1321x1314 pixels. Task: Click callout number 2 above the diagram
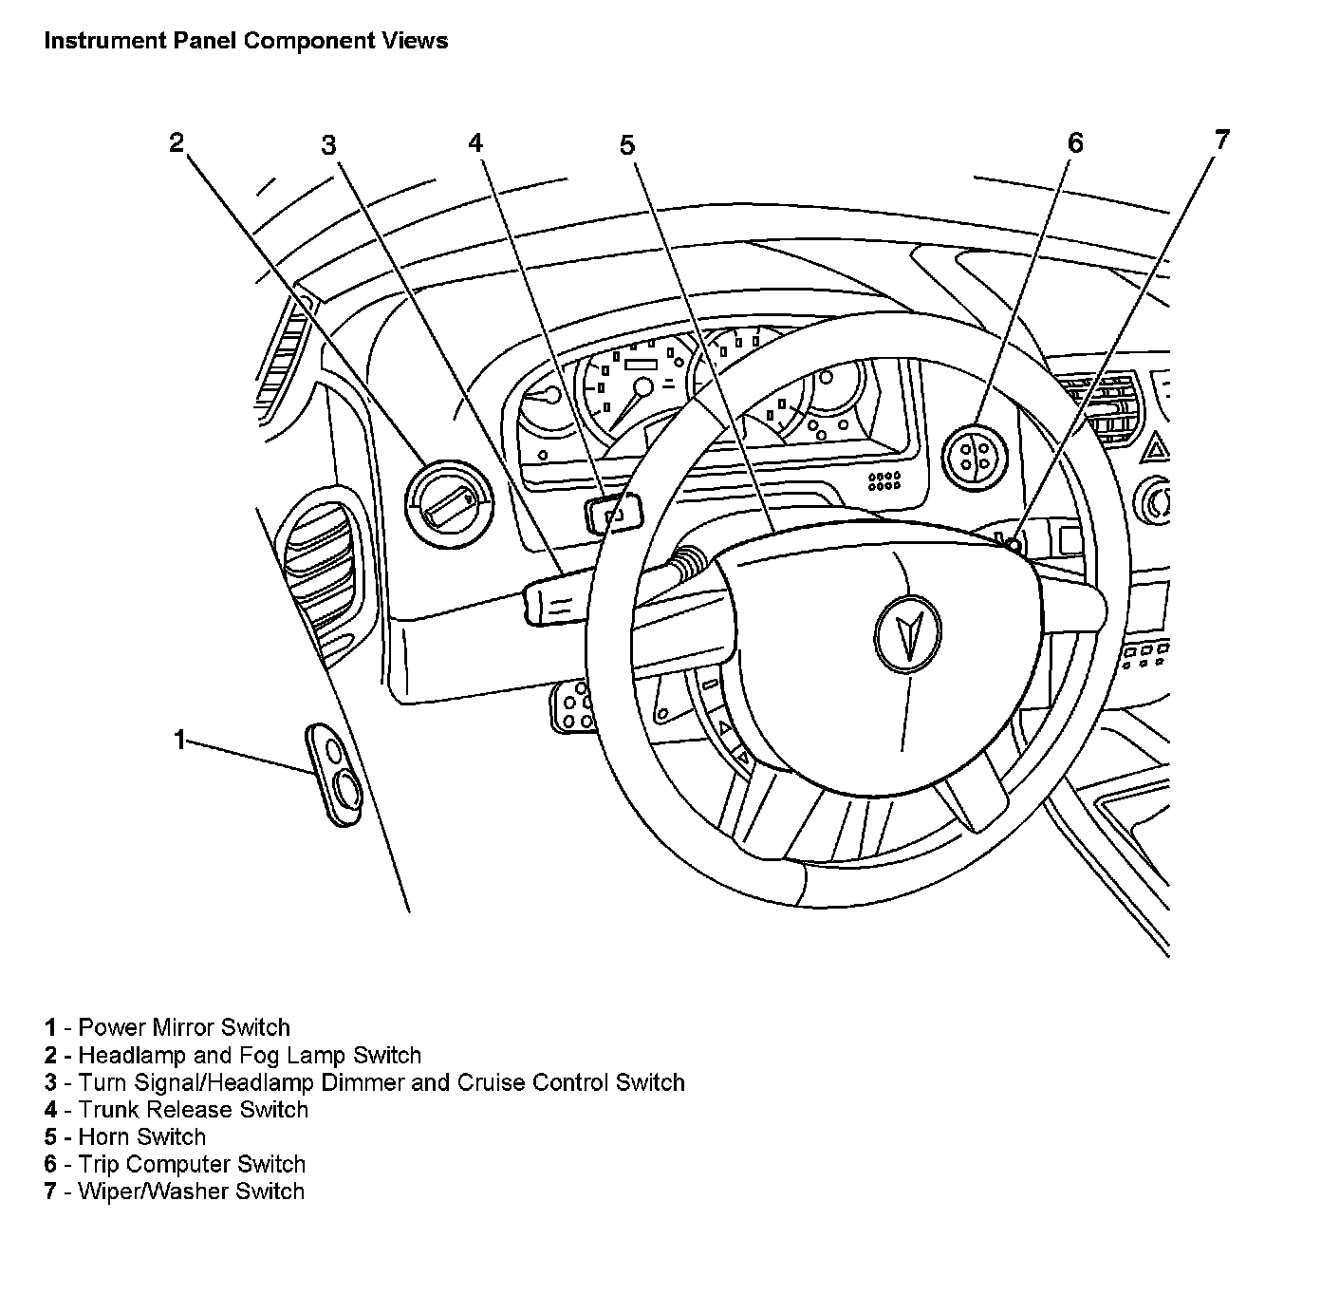(x=177, y=142)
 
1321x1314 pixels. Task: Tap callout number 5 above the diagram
(x=626, y=145)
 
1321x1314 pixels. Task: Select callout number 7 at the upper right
(x=1221, y=141)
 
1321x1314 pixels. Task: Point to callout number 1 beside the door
(x=179, y=740)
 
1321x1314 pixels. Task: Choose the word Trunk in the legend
(x=109, y=1109)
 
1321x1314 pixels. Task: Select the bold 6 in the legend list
(x=50, y=1164)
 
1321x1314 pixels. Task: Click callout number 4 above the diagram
(x=475, y=142)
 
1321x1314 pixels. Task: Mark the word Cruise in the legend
(x=492, y=1082)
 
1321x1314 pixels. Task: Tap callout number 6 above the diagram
(x=1074, y=143)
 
